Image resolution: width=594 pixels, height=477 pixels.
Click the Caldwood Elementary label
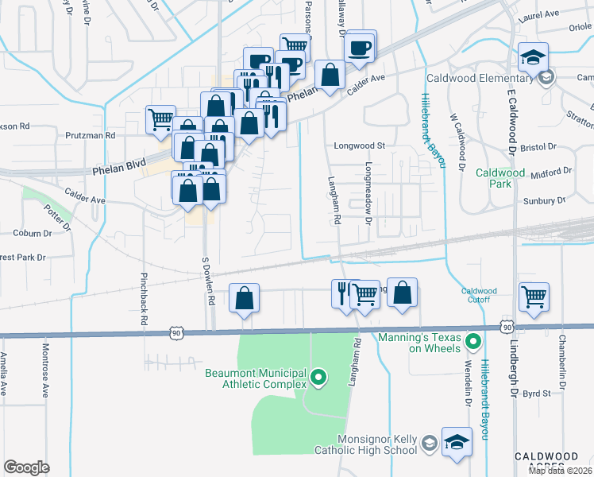(x=480, y=78)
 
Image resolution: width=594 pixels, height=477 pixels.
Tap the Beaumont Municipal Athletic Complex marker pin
(x=318, y=378)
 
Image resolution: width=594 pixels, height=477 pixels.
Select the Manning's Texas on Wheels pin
(x=474, y=343)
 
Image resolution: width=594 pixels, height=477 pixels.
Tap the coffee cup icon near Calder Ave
(x=361, y=46)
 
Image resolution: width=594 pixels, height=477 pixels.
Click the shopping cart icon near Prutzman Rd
(x=160, y=119)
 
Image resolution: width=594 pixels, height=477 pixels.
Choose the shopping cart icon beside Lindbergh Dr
(x=534, y=297)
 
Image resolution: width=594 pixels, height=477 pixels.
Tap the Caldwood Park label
(x=500, y=178)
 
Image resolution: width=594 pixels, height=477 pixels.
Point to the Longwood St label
(x=359, y=146)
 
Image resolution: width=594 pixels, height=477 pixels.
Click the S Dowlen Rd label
(x=208, y=281)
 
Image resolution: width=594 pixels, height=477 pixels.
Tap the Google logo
(x=26, y=467)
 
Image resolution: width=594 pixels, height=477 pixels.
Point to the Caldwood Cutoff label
(x=479, y=295)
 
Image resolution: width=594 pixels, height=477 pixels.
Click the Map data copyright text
(x=559, y=471)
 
